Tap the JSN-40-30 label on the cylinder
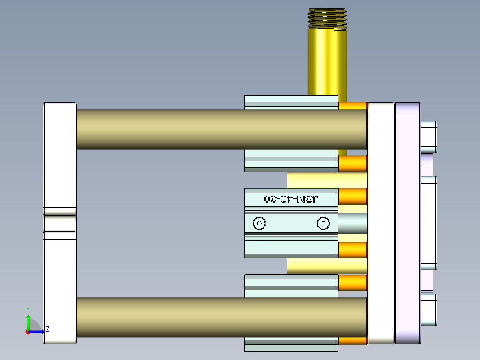292,199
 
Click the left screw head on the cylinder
259,223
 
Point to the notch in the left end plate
60,223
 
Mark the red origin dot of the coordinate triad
28,331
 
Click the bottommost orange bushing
353,341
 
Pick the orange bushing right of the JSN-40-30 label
353,196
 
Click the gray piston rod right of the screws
353,223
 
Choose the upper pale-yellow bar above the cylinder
327,180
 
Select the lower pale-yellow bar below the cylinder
327,266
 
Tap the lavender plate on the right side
407,223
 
